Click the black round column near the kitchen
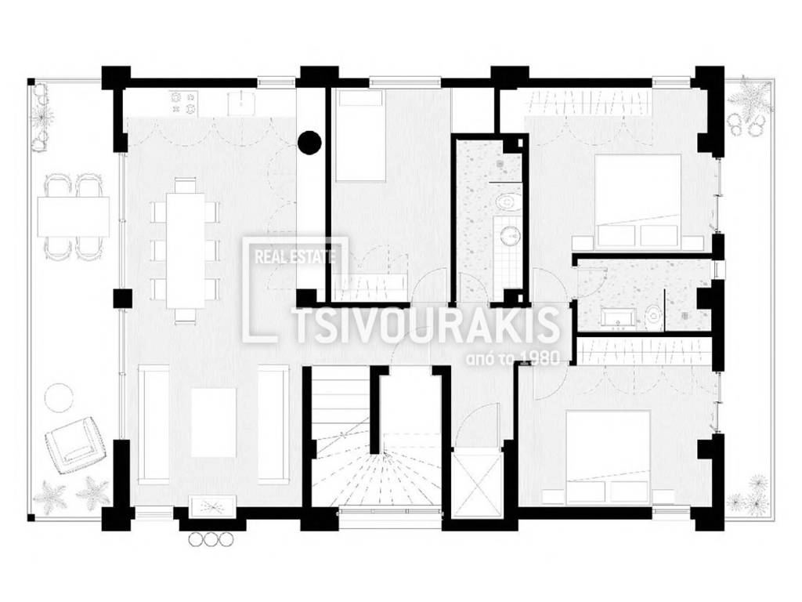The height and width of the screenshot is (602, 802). tap(311, 141)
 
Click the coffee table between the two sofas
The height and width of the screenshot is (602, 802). tap(213, 422)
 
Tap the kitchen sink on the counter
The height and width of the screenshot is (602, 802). tap(241, 102)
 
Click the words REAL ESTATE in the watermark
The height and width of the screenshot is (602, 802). tap(291, 254)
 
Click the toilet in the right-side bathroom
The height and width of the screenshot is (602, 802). tap(651, 315)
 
